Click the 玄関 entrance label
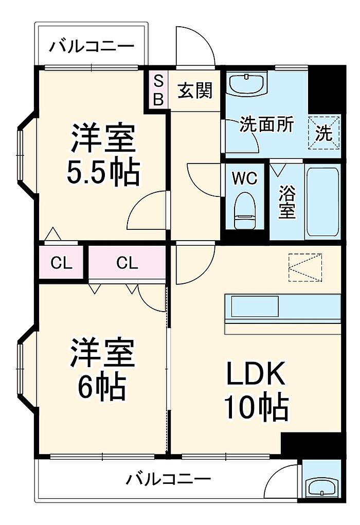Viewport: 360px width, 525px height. click(x=195, y=90)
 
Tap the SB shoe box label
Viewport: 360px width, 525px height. click(x=158, y=89)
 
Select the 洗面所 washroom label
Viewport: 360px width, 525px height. click(x=266, y=124)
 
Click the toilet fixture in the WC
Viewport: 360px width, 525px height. click(x=245, y=210)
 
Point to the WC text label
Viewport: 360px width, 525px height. click(x=245, y=178)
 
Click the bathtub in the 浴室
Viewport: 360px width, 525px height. click(x=322, y=202)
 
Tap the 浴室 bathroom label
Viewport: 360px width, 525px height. click(x=287, y=202)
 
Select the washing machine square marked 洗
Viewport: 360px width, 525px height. click(x=324, y=132)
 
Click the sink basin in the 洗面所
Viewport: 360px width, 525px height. click(x=247, y=83)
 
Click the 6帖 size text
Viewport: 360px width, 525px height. click(x=102, y=388)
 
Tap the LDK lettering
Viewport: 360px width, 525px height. click(x=256, y=373)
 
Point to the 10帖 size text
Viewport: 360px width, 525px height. click(x=256, y=407)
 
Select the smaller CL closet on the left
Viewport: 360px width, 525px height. click(x=61, y=263)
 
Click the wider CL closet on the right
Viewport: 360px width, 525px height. click(x=127, y=263)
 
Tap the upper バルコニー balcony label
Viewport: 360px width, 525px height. click(x=92, y=46)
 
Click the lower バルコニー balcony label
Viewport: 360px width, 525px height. click(x=169, y=479)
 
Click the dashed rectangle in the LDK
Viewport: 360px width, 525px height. click(x=305, y=268)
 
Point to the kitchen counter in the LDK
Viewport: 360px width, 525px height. click(x=282, y=314)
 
